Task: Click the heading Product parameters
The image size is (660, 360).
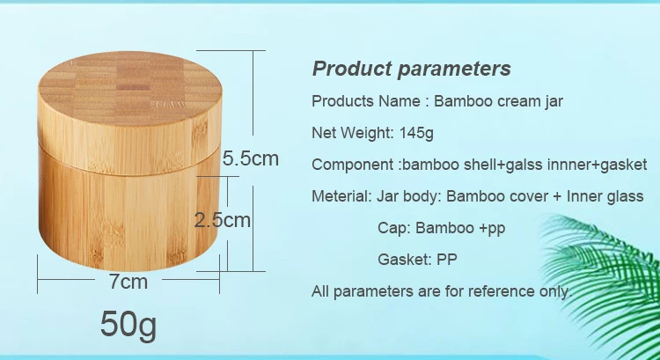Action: coord(411,69)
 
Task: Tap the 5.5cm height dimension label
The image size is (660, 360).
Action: coord(251,158)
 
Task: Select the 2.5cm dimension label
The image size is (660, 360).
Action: coord(223,220)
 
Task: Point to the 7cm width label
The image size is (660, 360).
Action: coord(128,282)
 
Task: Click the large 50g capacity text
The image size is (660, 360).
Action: coord(128,324)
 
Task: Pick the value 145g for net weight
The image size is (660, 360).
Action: coord(416,133)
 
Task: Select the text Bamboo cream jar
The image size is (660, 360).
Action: coord(498,101)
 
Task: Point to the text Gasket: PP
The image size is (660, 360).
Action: coord(417,260)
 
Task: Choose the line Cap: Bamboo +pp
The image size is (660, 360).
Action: coord(441,228)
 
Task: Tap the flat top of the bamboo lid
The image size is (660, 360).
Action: coord(129,88)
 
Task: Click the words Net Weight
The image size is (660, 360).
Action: coord(352,133)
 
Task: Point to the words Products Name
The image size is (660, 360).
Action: coord(366,101)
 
